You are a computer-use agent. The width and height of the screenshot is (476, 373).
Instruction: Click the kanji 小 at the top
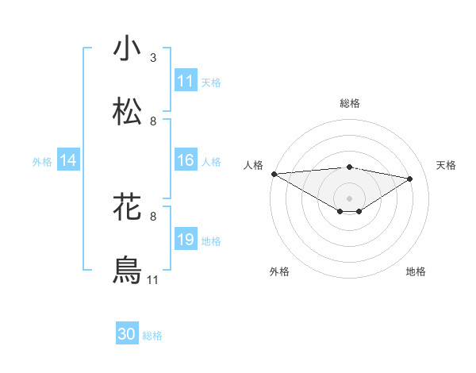coord(128,49)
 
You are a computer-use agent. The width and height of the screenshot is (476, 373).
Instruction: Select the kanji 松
coord(128,112)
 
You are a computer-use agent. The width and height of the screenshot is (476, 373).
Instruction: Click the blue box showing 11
coord(186,81)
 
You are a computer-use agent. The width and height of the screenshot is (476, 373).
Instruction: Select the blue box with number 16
coord(186,160)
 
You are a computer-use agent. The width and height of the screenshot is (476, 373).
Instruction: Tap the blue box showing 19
coord(186,240)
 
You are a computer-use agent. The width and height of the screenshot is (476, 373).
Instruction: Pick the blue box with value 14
coord(68,160)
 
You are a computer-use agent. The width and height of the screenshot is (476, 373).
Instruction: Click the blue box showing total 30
coord(127,335)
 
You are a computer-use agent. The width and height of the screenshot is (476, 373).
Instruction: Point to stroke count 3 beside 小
coord(153,58)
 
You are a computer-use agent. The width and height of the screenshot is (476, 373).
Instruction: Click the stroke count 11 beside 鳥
coord(153,279)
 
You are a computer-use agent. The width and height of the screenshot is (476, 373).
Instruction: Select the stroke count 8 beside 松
coord(153,121)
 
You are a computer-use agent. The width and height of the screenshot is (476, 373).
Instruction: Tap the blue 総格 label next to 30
coord(152,336)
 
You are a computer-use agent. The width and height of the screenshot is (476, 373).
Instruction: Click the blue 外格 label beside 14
coord(42,161)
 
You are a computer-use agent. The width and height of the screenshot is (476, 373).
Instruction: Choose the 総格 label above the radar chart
coord(350,103)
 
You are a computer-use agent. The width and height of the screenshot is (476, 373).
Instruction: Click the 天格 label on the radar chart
coord(447,165)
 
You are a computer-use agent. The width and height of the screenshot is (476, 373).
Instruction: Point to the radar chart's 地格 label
coord(416,271)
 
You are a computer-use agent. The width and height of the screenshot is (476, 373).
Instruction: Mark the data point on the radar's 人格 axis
coord(274,174)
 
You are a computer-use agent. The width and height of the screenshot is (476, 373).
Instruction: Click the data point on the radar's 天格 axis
coord(410,179)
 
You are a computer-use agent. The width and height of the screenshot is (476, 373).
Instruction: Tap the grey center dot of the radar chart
coord(349,198)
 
